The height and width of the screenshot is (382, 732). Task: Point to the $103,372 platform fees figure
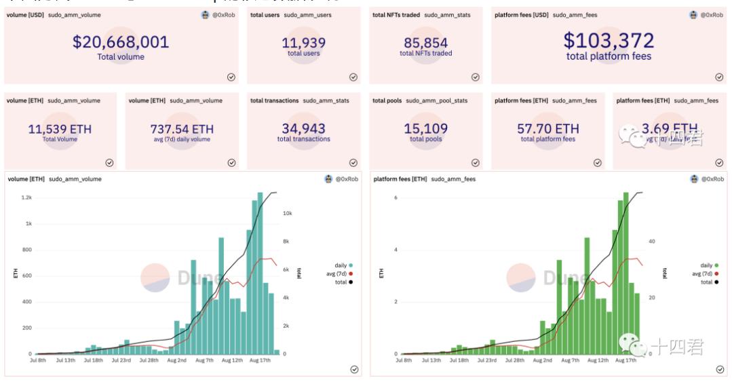click(x=609, y=41)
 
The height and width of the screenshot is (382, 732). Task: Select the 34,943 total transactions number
click(x=303, y=129)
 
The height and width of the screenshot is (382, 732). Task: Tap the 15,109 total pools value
click(x=425, y=129)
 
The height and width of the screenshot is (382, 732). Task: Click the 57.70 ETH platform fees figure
click(x=547, y=129)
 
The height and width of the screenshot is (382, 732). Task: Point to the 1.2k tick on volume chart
click(x=26, y=197)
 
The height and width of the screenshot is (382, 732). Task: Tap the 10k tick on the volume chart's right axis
click(x=287, y=213)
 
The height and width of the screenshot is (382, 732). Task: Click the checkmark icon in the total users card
click(x=353, y=77)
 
